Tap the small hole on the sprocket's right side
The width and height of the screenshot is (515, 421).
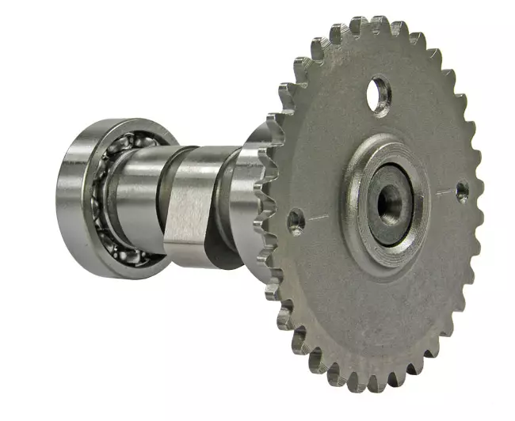(461, 190)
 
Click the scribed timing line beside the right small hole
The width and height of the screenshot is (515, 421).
(444, 192)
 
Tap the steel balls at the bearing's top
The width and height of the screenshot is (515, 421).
(119, 150)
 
